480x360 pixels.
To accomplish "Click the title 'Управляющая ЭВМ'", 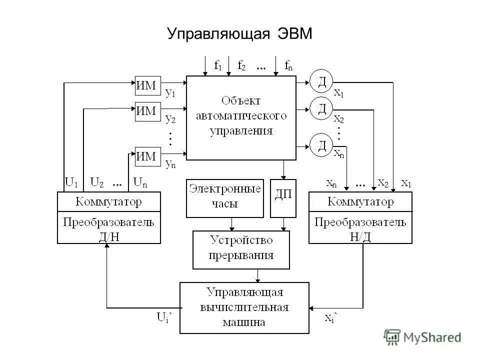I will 239,34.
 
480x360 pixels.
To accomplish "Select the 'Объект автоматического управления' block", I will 241,116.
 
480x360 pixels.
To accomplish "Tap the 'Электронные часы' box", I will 225,197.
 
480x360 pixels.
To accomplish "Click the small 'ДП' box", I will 283,197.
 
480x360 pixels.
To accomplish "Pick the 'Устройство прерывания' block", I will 241,249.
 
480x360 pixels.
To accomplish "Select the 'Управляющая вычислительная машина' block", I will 244,307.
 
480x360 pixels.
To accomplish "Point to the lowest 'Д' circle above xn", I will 322,145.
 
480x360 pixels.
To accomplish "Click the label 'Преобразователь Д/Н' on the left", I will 109,228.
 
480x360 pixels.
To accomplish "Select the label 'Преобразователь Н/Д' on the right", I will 360,228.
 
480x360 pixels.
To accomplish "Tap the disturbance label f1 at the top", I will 217,65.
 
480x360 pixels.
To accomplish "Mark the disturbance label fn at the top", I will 288,65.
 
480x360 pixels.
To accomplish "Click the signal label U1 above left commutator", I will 72,182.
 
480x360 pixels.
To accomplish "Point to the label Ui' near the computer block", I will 164,316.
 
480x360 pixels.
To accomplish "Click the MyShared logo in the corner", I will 422,337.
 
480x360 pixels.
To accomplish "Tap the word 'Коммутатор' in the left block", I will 109,202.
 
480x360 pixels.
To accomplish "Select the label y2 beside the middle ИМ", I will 170,119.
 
